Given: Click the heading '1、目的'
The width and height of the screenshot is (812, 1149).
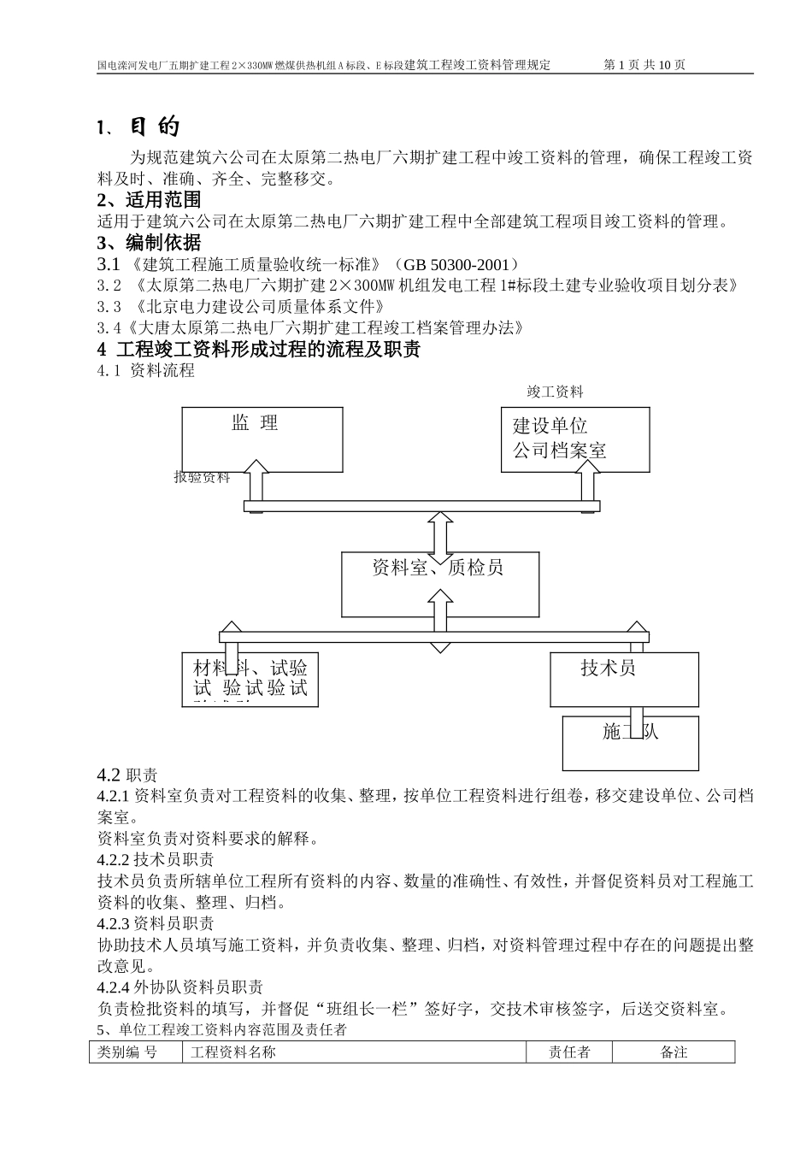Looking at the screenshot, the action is (138, 127).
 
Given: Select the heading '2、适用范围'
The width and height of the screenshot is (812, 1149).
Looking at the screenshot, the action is (150, 200).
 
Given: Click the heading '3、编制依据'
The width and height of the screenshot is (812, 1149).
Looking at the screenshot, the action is (150, 242).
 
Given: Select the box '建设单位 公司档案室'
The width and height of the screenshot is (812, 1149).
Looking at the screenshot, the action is (574, 439).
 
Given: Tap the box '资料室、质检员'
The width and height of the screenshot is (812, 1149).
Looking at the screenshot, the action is (439, 584).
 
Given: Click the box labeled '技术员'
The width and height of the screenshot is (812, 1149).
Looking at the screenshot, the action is (624, 679).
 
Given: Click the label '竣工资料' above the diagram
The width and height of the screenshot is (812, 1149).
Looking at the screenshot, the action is (555, 392).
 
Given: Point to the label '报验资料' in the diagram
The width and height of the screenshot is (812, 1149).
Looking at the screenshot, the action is (202, 477).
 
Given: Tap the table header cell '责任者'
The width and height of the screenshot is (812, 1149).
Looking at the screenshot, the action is (569, 1052).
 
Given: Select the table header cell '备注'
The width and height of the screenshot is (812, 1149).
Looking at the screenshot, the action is (674, 1052).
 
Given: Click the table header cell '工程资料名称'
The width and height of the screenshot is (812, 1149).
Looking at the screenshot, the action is (232, 1052).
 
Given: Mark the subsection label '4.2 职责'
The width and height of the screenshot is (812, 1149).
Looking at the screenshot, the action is (127, 775).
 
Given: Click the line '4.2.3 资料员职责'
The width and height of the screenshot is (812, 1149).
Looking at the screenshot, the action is (156, 923).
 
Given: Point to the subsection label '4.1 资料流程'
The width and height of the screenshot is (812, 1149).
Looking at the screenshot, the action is (145, 370).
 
